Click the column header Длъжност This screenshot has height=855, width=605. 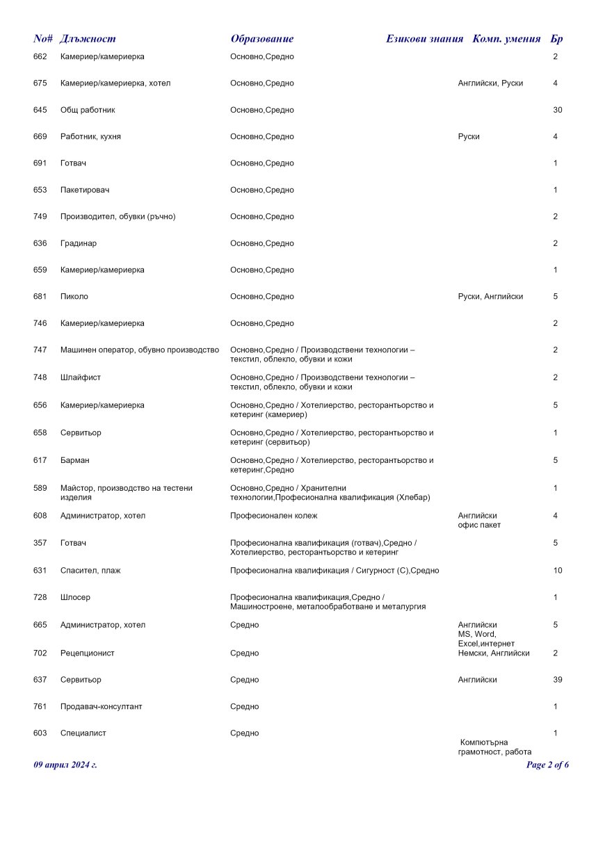88,39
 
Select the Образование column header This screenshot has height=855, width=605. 262,39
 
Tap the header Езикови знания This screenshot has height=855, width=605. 424,39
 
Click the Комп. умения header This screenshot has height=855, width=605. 506,39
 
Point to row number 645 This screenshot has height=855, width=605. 40,110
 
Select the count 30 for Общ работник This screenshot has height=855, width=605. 557,110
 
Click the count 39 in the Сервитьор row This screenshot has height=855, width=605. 557,679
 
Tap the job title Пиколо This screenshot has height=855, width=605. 74,296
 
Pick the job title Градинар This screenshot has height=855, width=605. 79,243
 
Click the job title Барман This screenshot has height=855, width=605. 75,460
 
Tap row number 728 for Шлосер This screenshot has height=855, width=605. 40,597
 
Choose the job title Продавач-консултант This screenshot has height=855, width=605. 102,706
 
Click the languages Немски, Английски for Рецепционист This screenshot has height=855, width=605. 494,653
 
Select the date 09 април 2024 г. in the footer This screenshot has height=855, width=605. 65,765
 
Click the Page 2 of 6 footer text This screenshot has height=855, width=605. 548,765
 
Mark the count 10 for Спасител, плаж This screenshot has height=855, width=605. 557,571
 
